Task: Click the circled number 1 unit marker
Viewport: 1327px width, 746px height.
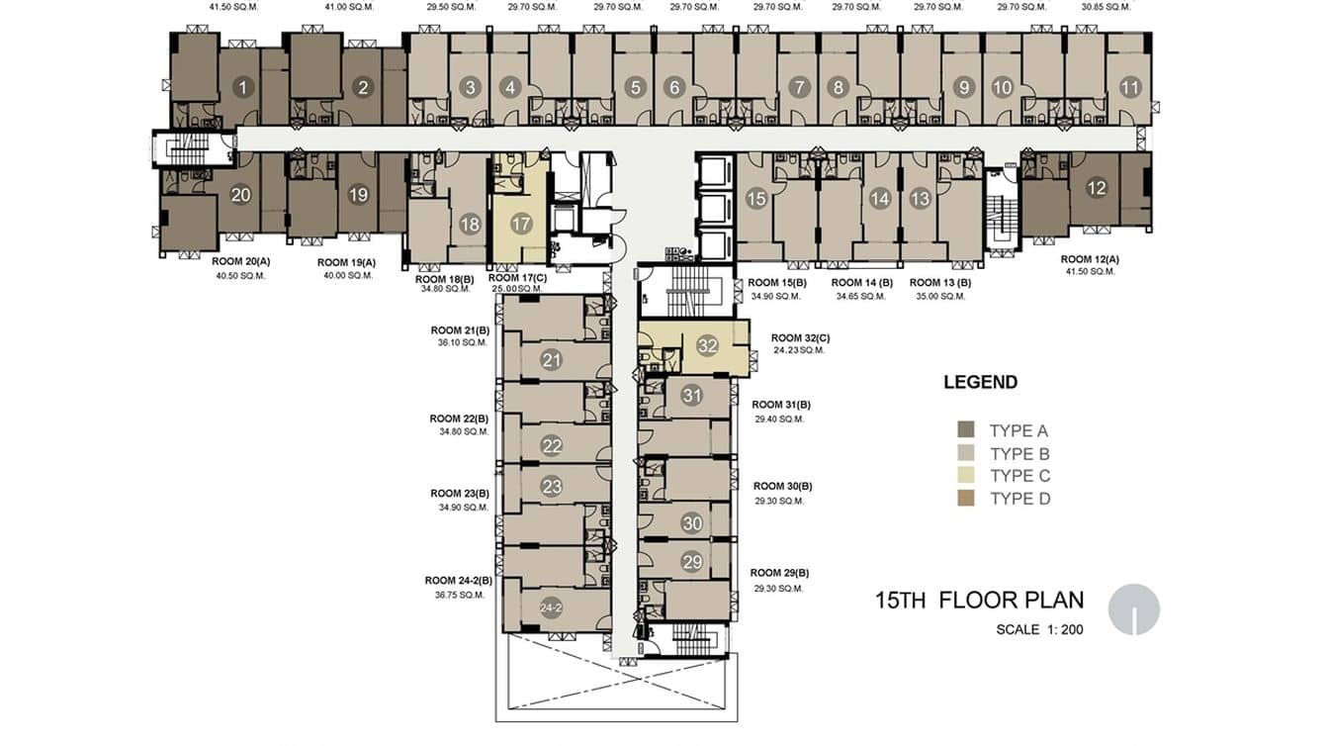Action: pos(242,88)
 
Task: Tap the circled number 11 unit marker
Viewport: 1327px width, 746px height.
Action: pos(1130,88)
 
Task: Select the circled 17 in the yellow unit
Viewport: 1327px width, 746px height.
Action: pos(521,224)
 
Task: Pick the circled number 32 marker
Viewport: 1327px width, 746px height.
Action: pos(707,345)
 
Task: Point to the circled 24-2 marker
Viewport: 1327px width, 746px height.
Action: pos(551,607)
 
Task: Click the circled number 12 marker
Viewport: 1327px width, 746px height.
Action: pos(1097,188)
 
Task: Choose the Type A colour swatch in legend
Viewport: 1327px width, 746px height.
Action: pos(966,429)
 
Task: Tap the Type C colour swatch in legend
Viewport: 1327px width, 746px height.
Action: pos(966,475)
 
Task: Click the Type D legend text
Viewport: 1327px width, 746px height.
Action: pos(1020,499)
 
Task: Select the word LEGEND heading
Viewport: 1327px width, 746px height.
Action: pos(981,382)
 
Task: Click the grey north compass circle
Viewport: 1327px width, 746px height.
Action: pos(1134,609)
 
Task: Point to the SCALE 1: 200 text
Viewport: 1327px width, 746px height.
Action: pos(1039,629)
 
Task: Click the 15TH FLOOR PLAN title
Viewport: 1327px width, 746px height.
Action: pos(980,601)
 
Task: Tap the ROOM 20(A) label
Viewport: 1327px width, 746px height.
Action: pos(240,261)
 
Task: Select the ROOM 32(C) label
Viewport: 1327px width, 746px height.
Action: pos(800,337)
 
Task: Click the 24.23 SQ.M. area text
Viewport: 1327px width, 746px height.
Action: pos(799,350)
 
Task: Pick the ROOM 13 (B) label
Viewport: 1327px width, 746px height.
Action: pos(940,283)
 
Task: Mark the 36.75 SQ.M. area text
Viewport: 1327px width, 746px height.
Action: pos(460,595)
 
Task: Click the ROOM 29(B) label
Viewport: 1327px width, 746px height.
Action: pos(779,573)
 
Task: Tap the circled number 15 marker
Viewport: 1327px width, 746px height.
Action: pos(755,199)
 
